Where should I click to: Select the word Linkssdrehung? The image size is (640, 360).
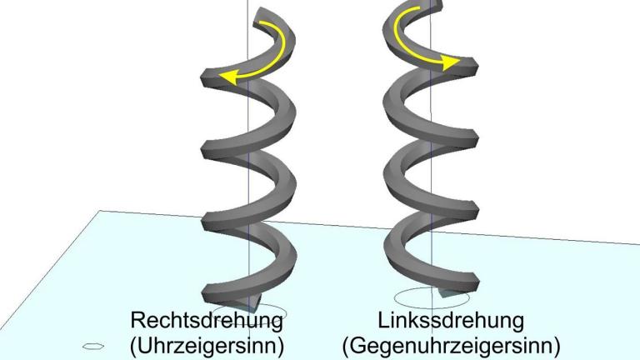[451, 320]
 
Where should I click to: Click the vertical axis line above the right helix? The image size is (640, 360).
[430, 8]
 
